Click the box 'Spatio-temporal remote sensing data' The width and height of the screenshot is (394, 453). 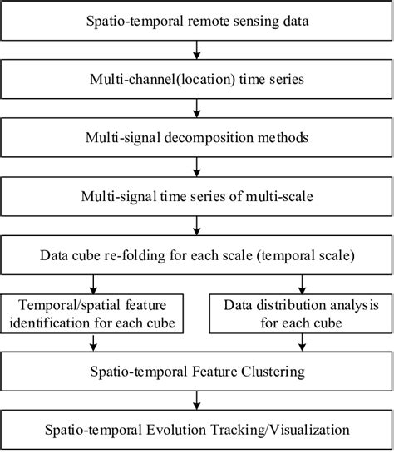point(197,18)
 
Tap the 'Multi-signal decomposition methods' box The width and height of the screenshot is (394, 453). point(197,135)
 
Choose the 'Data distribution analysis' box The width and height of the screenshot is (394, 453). point(298,315)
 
